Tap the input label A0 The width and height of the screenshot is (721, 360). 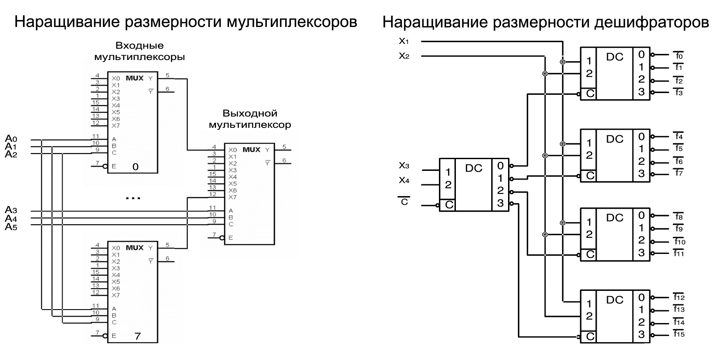[11, 139]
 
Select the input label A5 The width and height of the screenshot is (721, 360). [11, 227]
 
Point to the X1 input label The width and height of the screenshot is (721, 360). [404, 41]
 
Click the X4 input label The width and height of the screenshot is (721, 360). [404, 180]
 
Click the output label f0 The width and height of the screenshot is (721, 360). [679, 56]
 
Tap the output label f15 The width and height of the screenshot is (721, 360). [679, 334]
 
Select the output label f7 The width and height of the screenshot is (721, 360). [679, 173]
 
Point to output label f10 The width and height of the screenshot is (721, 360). [679, 242]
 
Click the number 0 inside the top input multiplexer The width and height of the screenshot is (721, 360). [135, 167]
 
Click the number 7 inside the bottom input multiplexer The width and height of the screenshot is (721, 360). [137, 336]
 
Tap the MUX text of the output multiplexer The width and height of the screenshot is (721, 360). [251, 150]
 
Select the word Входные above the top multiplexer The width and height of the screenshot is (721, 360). [140, 46]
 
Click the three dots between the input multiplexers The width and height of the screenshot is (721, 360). [133, 198]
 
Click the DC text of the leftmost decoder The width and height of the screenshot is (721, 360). [474, 168]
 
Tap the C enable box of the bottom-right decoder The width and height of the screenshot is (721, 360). [589, 337]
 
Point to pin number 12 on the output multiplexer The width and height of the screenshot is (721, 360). [212, 194]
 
